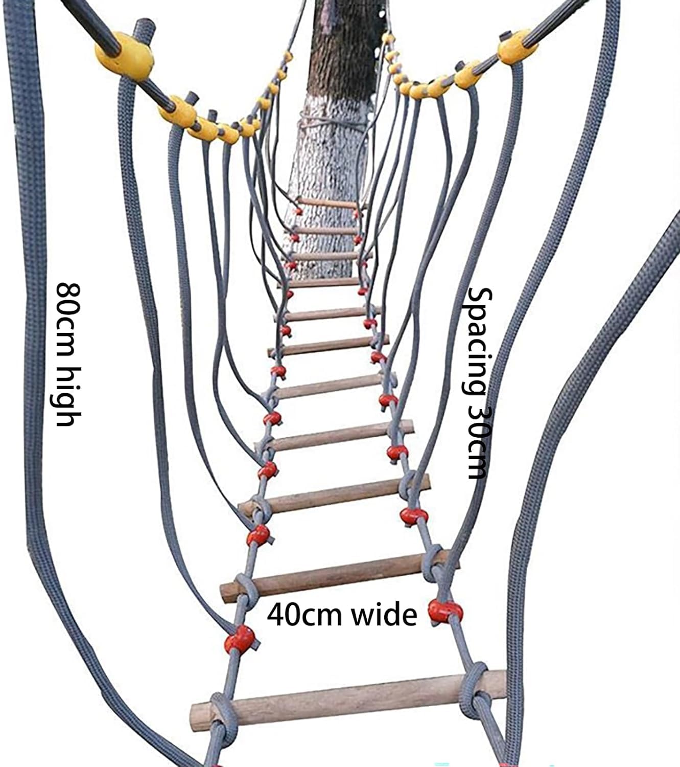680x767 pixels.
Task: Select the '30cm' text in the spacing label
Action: [480, 442]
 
